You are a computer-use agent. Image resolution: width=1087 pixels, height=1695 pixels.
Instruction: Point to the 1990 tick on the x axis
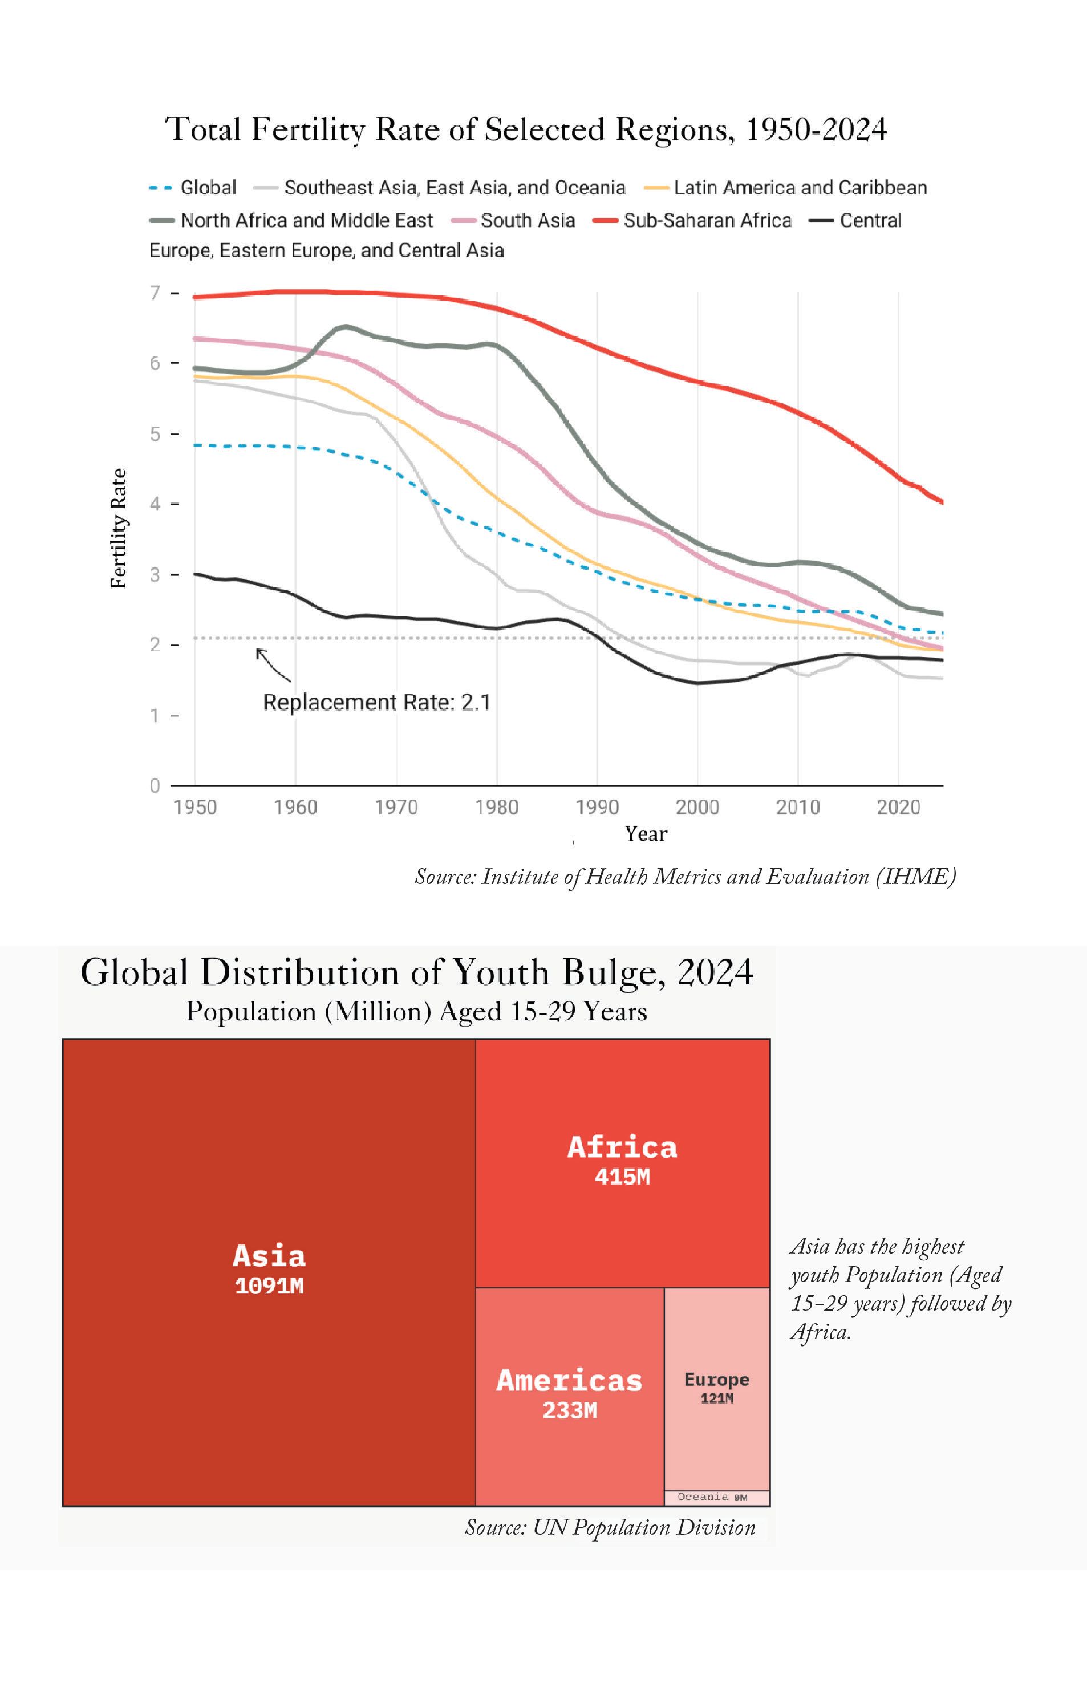[x=597, y=807]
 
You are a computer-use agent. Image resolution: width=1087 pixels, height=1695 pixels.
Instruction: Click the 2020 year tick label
[x=899, y=807]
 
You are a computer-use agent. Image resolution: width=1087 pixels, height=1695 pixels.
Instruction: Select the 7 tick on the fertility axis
[x=155, y=293]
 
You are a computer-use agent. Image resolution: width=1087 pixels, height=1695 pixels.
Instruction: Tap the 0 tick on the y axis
[x=155, y=786]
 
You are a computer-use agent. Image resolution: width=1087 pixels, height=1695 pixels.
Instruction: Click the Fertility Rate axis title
[x=119, y=529]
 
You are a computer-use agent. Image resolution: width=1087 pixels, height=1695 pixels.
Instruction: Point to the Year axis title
[x=646, y=834]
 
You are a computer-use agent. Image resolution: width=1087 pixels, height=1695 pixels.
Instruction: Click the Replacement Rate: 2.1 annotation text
[x=377, y=703]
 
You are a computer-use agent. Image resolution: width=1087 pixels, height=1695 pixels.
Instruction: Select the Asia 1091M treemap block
[x=269, y=1272]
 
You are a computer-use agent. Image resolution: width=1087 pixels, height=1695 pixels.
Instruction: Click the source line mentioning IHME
[x=685, y=877]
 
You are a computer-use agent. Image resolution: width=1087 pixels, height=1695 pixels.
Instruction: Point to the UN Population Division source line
[x=610, y=1528]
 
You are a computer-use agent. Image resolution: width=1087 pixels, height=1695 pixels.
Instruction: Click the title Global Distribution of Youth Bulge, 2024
[x=416, y=972]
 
